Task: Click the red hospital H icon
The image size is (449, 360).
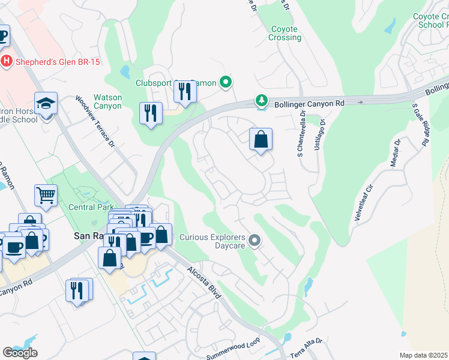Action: (7, 61)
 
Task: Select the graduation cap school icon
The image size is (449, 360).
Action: (46, 104)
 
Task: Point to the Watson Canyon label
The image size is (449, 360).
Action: (108, 101)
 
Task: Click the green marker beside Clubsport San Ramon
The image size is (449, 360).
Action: (226, 82)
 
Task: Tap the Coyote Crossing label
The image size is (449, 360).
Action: (285, 33)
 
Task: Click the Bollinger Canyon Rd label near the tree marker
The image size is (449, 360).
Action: (310, 103)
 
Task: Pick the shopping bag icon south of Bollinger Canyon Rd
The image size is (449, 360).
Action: (261, 140)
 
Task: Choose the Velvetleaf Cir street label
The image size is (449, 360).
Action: (364, 203)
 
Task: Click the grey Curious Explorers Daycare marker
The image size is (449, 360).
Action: (255, 241)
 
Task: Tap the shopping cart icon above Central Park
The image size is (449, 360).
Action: (46, 195)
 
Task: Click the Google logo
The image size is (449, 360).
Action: (20, 353)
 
